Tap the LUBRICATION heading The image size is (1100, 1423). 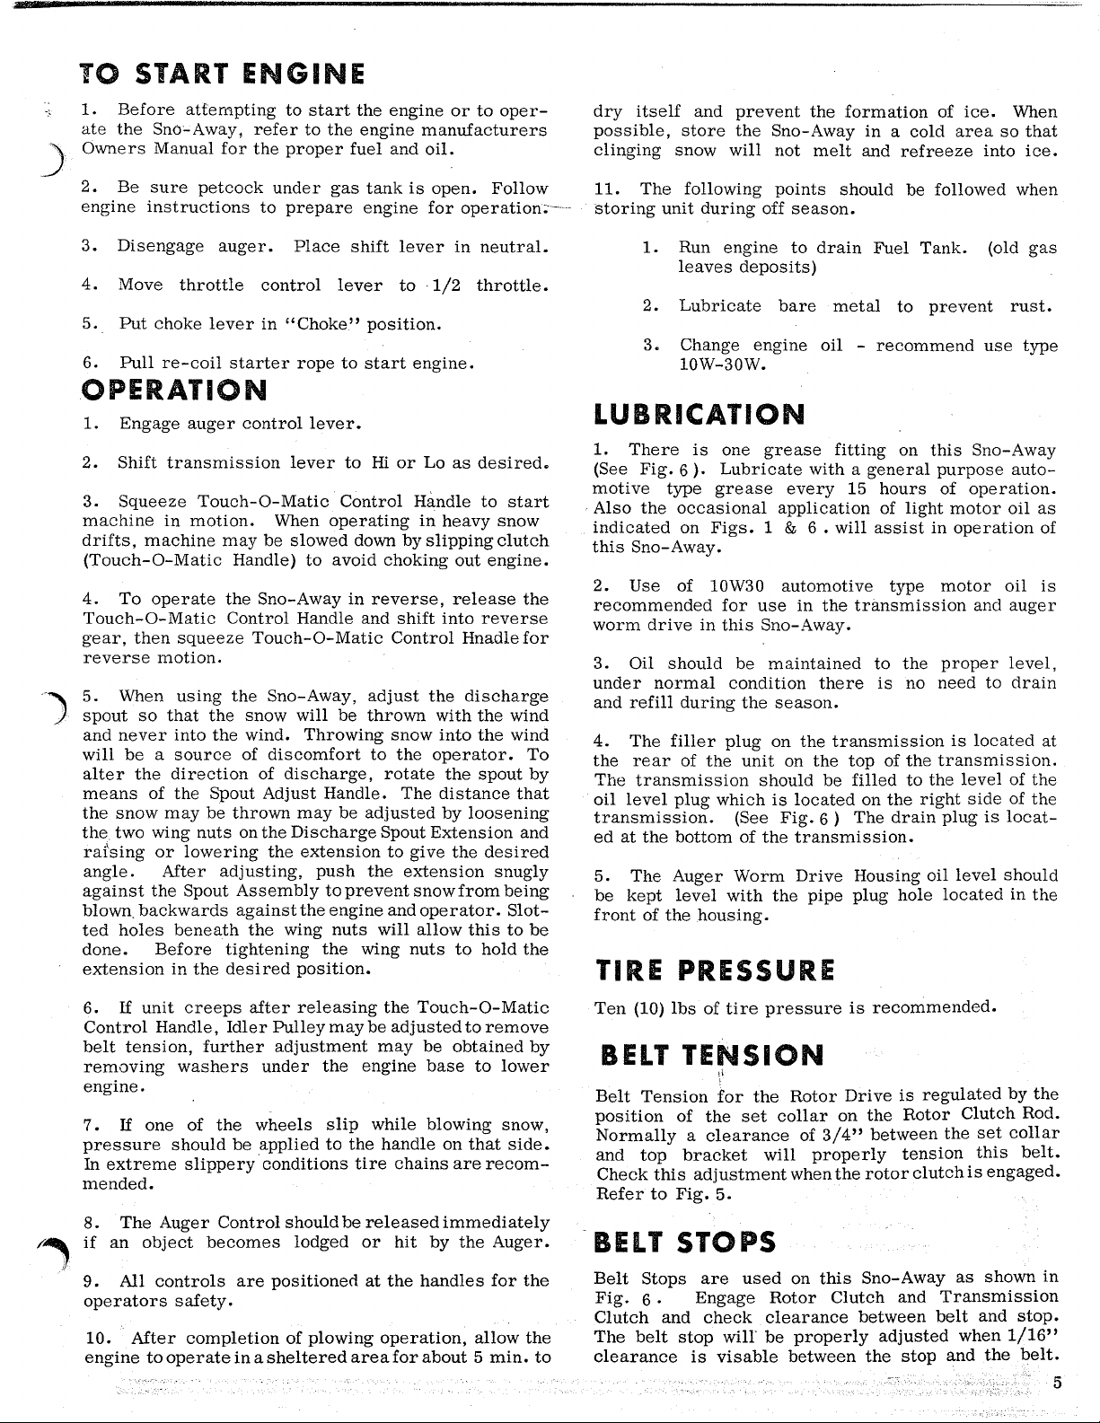point(700,415)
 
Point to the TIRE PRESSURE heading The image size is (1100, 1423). point(715,971)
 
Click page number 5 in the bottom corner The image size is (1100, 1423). point(1058,1383)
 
